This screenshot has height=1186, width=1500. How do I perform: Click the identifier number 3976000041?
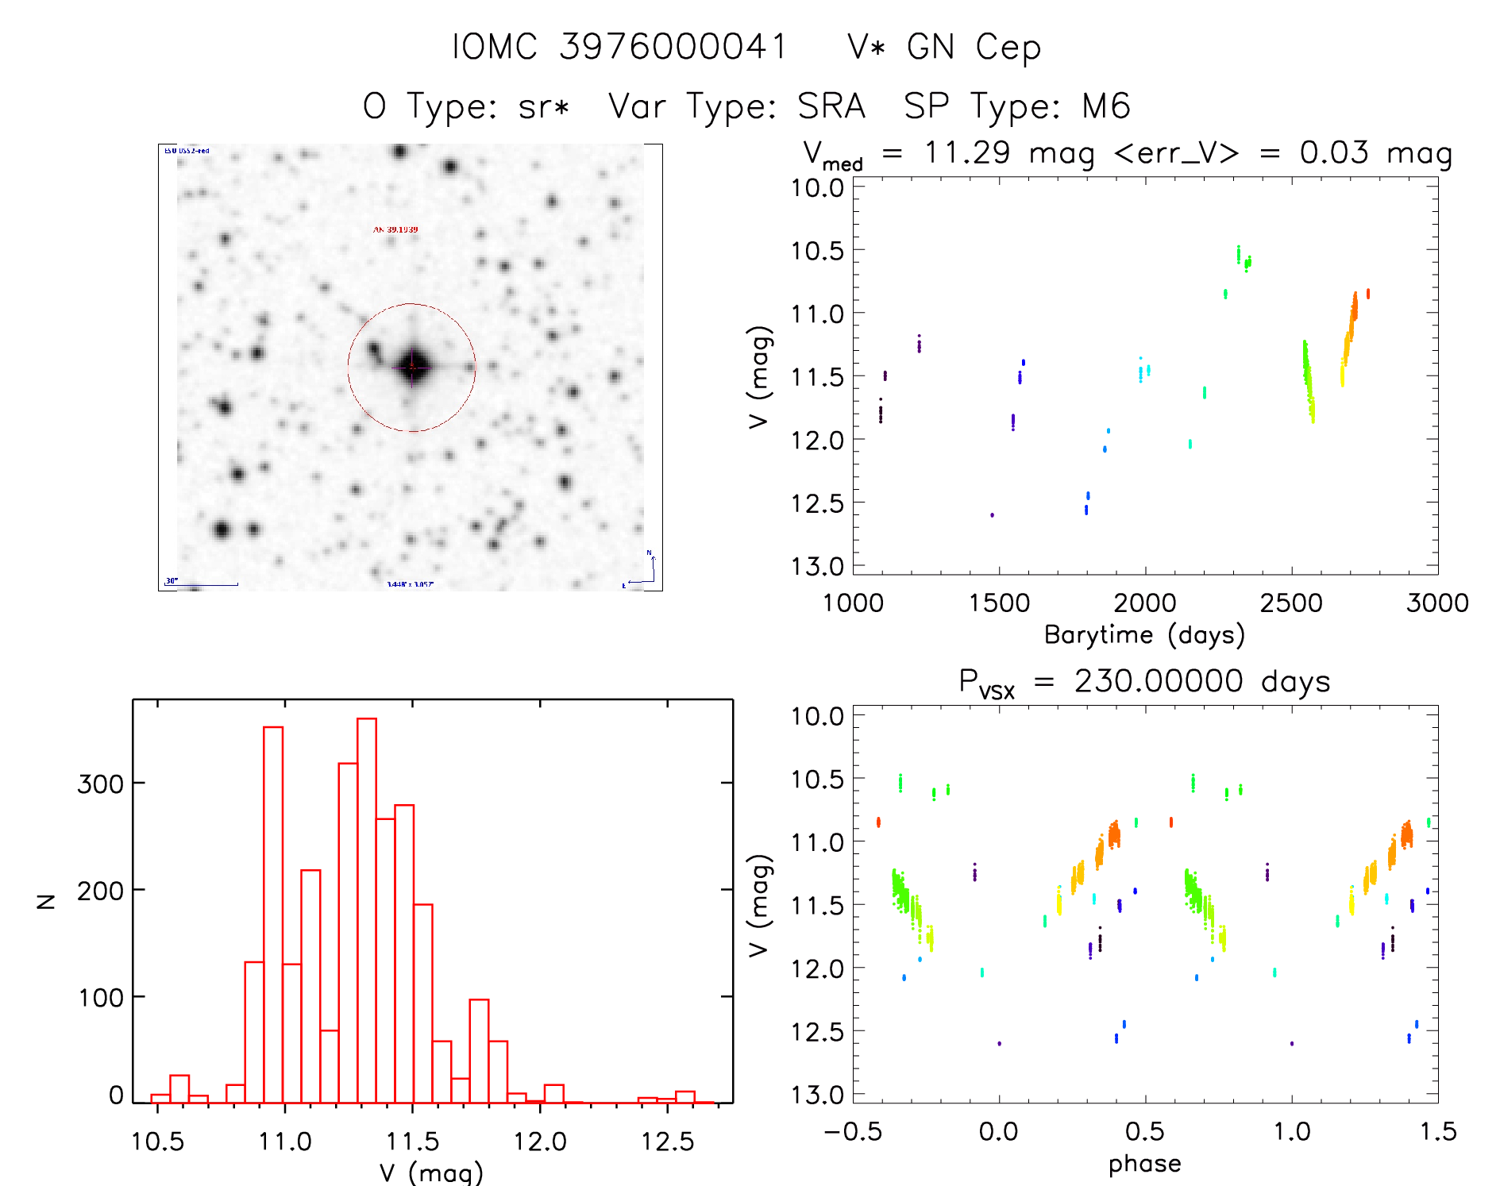click(x=673, y=47)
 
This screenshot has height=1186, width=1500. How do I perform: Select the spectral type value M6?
click(x=1105, y=106)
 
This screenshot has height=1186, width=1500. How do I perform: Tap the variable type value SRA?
click(x=831, y=106)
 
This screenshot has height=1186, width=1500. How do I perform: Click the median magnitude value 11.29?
click(x=966, y=152)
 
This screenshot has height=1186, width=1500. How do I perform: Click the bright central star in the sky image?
click(x=412, y=367)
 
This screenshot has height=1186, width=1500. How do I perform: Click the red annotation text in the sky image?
click(x=395, y=229)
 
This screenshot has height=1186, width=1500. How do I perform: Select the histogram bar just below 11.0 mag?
click(x=273, y=914)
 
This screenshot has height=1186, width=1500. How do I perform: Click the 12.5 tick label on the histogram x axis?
click(x=667, y=1142)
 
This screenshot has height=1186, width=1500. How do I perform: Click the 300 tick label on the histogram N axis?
click(x=100, y=784)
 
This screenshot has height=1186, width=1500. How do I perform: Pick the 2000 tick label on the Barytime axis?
click(x=1144, y=603)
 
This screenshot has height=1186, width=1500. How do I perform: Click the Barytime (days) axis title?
click(x=1144, y=635)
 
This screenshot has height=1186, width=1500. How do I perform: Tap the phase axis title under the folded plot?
click(x=1144, y=1164)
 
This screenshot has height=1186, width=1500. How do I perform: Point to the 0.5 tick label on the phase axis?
click(x=1144, y=1131)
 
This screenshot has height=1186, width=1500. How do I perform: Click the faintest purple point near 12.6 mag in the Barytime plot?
click(x=992, y=515)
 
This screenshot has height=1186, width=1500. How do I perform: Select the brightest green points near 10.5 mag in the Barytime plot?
click(x=1239, y=254)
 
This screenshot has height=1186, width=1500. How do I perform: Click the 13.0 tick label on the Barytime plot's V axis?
click(x=817, y=566)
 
